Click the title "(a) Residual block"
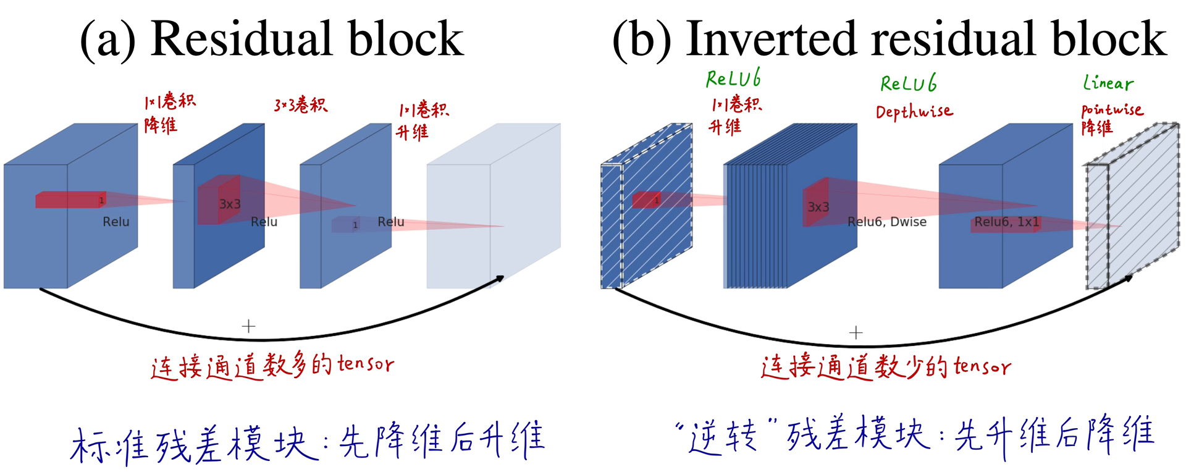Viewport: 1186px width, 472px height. [x=272, y=38]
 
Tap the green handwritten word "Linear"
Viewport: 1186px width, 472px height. [x=1108, y=83]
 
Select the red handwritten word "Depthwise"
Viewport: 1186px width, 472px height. [x=914, y=112]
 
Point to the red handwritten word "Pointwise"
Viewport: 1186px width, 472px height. [x=1112, y=110]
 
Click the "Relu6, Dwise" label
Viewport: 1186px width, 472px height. [x=886, y=222]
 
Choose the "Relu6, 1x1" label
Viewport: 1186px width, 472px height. [x=1007, y=222]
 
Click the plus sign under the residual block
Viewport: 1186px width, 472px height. [x=248, y=326]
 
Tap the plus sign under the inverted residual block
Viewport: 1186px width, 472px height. [x=856, y=333]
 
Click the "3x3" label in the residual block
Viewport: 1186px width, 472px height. [x=230, y=204]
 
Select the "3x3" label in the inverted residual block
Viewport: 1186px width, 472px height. [x=818, y=207]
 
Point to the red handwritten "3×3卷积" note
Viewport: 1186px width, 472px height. [x=301, y=105]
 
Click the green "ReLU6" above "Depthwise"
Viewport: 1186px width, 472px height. [x=908, y=83]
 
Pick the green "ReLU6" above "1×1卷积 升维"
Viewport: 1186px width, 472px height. [x=733, y=78]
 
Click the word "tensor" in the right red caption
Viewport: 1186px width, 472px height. [x=982, y=366]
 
